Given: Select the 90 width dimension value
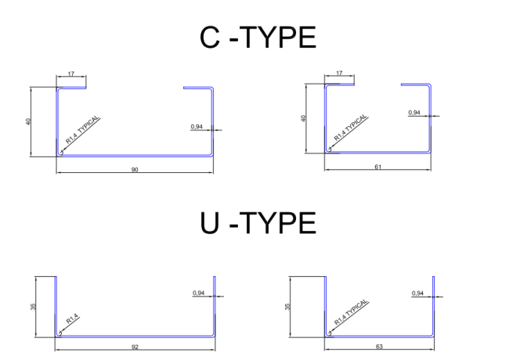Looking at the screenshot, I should click(135, 169).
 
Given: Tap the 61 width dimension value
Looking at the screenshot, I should click(377, 167).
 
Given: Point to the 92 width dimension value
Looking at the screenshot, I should click(135, 345).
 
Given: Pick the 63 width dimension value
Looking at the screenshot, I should click(379, 345).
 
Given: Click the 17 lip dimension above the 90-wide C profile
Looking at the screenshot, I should click(70, 73).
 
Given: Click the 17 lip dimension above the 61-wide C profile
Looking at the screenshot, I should click(339, 73).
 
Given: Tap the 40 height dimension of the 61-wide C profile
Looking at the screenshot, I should click(303, 118).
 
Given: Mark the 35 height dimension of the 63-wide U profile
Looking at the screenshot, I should click(289, 306).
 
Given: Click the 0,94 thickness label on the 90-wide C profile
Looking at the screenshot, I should click(197, 126).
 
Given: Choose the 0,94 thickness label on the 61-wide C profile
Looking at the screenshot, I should click(415, 113).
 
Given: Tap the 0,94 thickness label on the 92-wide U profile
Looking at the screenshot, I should click(199, 293).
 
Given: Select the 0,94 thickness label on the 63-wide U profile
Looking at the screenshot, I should click(417, 293).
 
